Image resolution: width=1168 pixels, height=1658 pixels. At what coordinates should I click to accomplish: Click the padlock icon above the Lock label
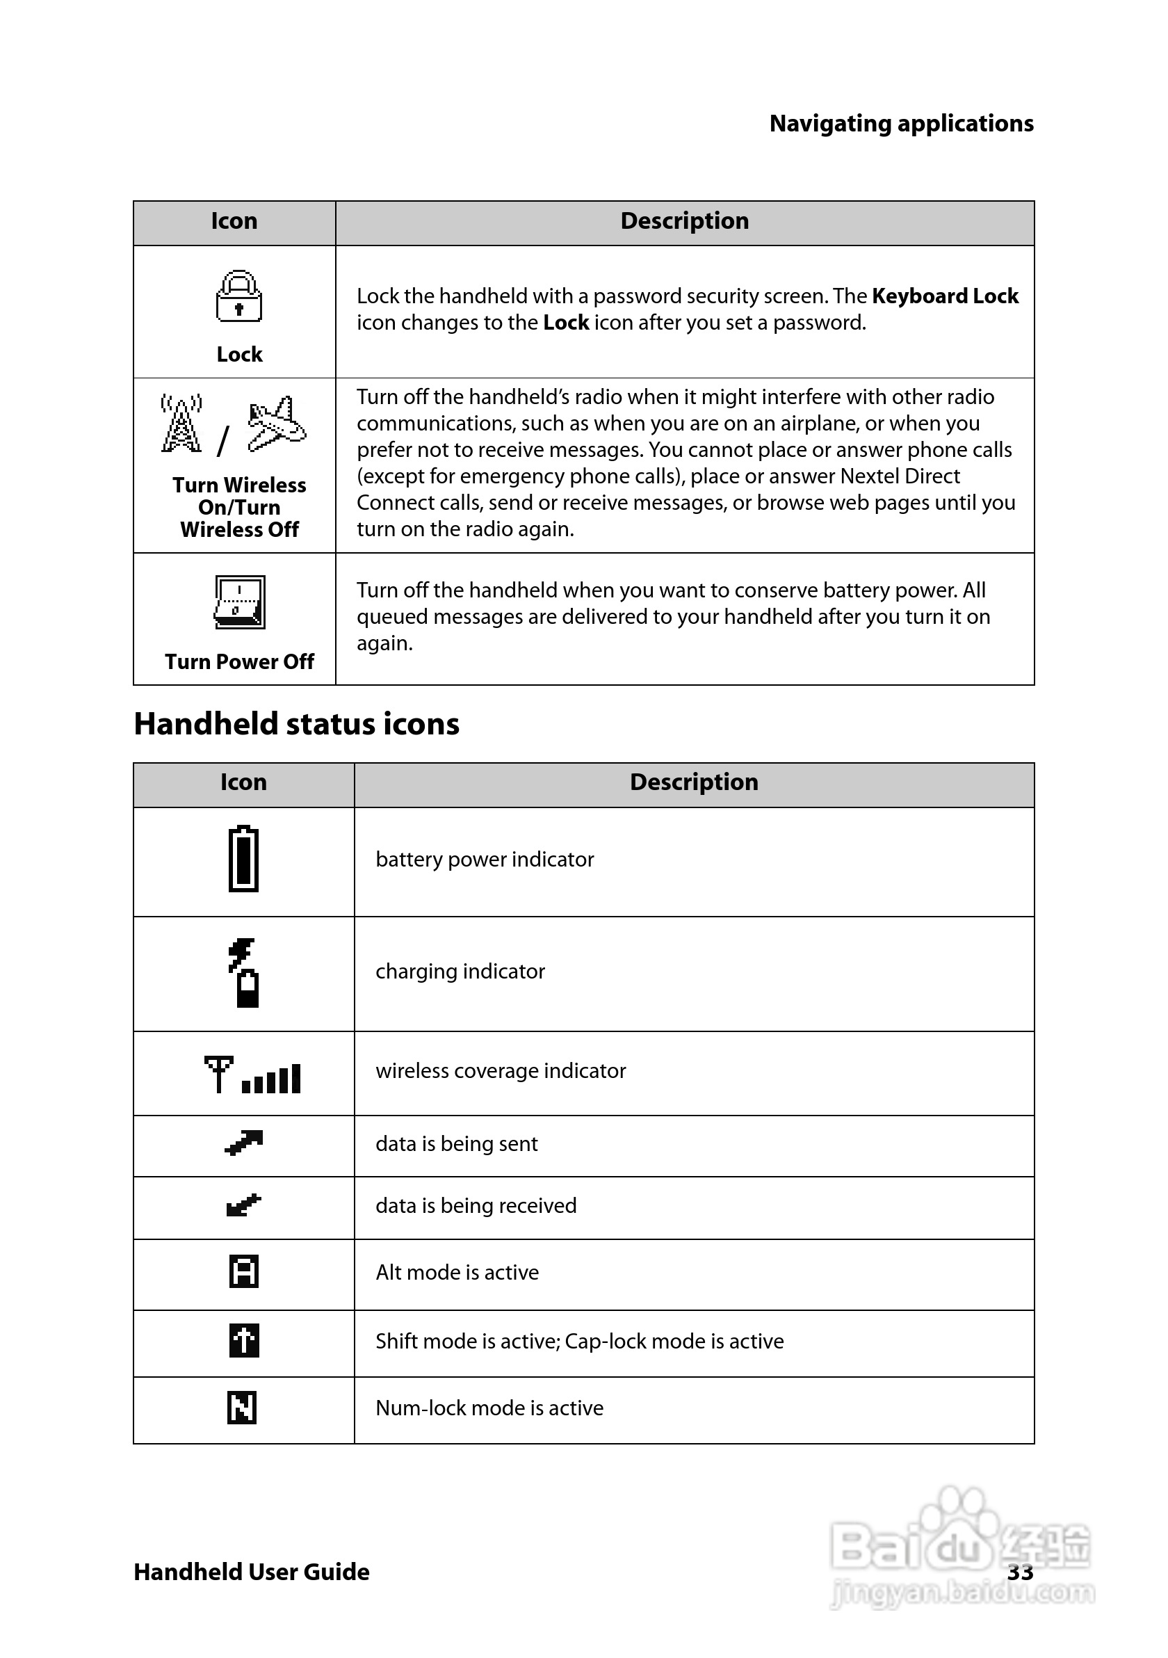[x=239, y=296]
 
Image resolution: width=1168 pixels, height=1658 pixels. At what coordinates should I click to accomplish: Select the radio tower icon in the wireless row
[x=181, y=424]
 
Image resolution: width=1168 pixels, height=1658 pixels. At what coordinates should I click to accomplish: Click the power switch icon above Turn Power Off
[x=240, y=602]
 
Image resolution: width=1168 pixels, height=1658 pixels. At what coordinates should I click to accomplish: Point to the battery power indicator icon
[x=243, y=859]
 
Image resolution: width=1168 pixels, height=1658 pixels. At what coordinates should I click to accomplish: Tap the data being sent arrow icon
[x=244, y=1142]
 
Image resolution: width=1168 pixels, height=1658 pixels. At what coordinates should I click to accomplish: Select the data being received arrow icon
[x=244, y=1205]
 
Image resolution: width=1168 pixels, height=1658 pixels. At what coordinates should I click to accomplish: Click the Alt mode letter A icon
[x=244, y=1271]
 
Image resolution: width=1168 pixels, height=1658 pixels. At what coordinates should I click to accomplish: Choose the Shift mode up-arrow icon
[x=244, y=1340]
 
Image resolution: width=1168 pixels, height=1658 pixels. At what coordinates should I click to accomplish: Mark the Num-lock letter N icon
[x=243, y=1408]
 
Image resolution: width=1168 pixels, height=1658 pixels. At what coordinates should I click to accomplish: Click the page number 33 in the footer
[x=1020, y=1571]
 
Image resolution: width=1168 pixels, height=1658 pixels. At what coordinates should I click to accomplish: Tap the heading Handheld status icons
[x=296, y=723]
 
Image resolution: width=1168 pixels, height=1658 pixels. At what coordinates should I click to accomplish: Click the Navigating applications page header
[x=901, y=124]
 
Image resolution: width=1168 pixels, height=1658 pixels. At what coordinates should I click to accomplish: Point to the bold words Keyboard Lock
[x=944, y=296]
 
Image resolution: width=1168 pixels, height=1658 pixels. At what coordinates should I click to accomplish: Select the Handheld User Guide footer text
[x=251, y=1571]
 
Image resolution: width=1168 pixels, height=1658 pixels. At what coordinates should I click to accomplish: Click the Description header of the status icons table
[x=694, y=782]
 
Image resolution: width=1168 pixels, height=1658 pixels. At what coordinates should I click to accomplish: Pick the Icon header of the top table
[x=234, y=221]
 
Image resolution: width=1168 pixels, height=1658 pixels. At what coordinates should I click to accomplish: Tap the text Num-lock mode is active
[x=489, y=1408]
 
